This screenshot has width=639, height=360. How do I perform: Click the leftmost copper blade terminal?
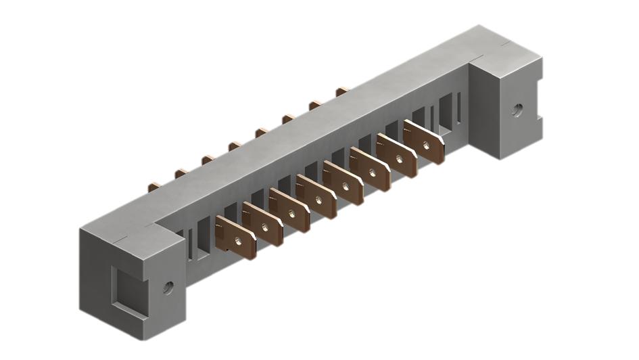tap(236, 238)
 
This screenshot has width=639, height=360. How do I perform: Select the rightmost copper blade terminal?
tap(425, 143)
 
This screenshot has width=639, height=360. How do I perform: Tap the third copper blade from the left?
tap(290, 210)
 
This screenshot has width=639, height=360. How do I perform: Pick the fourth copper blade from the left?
tap(317, 197)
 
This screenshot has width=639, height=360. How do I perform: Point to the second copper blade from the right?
tap(398, 156)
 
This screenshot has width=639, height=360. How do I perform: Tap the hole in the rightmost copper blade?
tap(426, 143)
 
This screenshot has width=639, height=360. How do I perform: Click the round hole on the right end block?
tap(518, 110)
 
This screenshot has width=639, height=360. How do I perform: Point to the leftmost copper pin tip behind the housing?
tap(154, 183)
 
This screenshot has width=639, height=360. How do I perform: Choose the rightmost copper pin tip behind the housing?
tap(342, 89)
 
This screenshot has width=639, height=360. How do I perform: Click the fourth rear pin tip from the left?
tap(235, 144)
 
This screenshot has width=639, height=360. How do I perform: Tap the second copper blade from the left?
tap(263, 224)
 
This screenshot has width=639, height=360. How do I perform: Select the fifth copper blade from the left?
tap(344, 183)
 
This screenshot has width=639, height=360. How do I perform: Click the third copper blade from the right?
tap(371, 170)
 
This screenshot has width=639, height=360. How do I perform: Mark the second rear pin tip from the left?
tap(181, 171)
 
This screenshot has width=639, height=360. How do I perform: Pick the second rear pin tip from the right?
tap(315, 104)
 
